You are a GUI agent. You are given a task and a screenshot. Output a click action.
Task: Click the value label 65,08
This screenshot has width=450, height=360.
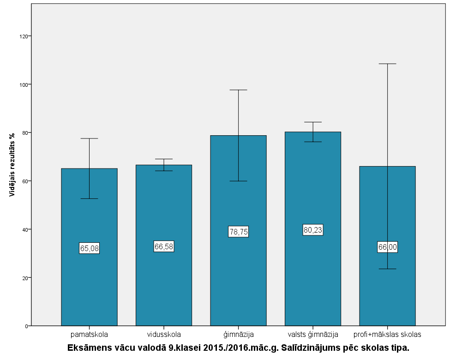click(x=89, y=248)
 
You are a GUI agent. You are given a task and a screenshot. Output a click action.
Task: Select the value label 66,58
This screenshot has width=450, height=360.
click(x=164, y=246)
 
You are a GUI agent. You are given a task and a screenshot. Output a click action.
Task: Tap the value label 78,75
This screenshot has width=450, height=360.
click(x=238, y=232)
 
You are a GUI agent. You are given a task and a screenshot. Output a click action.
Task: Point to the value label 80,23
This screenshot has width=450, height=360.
click(x=313, y=230)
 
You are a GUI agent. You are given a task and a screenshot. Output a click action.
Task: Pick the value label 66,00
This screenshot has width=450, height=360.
click(x=387, y=247)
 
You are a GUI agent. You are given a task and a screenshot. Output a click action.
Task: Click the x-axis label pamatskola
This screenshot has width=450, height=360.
click(x=89, y=334)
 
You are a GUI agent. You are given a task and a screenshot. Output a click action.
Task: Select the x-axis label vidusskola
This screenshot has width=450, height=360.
click(x=164, y=334)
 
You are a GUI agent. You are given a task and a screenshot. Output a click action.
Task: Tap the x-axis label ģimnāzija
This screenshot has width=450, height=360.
click(x=238, y=334)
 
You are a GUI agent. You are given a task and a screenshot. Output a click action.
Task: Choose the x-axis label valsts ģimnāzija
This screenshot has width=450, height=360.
click(x=313, y=334)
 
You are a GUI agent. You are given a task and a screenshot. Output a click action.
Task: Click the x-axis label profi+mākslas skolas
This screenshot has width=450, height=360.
click(x=387, y=334)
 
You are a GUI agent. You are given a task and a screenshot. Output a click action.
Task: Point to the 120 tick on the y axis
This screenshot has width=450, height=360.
click(x=22, y=36)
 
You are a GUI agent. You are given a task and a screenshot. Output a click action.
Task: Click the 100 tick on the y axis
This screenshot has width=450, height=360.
click(x=22, y=84)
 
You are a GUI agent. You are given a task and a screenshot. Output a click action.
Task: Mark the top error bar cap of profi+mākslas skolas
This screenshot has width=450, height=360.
click(x=387, y=64)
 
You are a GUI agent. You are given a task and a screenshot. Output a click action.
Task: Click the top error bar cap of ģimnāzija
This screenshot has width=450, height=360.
click(x=238, y=90)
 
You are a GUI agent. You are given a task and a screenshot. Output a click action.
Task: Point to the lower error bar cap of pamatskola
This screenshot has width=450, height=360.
click(x=89, y=198)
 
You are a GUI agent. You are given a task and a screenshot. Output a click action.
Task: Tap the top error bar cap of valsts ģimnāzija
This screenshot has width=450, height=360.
click(x=313, y=122)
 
